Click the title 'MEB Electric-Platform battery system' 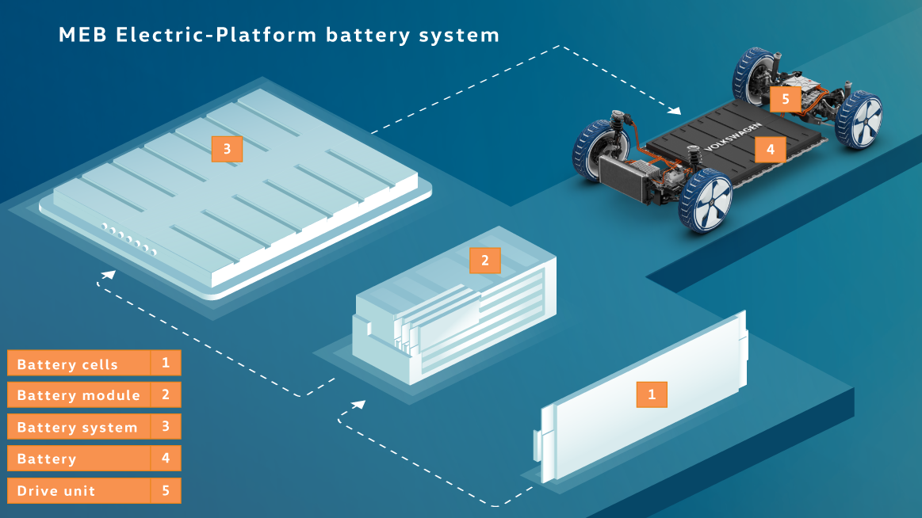(x=279, y=36)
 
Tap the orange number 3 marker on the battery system (x=227, y=149)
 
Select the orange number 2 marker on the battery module (x=485, y=260)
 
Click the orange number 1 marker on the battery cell (x=652, y=394)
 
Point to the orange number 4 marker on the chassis (x=770, y=148)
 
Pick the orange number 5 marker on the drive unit (x=785, y=99)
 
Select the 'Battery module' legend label (x=78, y=395)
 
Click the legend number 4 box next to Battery (x=166, y=458)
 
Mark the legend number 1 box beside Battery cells (x=166, y=364)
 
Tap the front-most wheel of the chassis (x=705, y=201)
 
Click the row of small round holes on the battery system (x=128, y=239)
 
